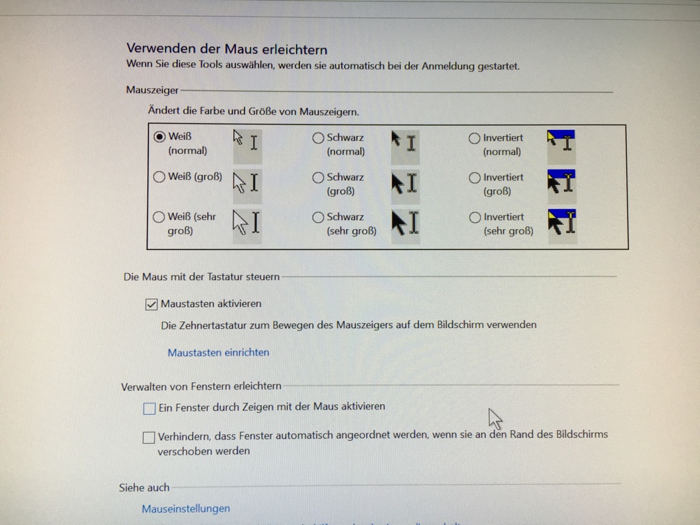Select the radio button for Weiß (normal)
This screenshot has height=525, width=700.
pyautogui.click(x=160, y=137)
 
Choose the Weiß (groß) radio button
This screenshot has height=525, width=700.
pyautogui.click(x=159, y=177)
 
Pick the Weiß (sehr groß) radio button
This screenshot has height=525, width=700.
pyautogui.click(x=159, y=217)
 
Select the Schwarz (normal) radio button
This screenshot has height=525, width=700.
pyautogui.click(x=318, y=138)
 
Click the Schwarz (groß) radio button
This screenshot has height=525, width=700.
pyautogui.click(x=318, y=178)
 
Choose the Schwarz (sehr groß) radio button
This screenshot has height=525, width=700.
pyautogui.click(x=318, y=217)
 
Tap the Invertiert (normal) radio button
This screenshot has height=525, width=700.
pyautogui.click(x=474, y=138)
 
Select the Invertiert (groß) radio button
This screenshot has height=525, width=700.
pyautogui.click(x=474, y=178)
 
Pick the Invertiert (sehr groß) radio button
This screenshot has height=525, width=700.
pyautogui.click(x=475, y=217)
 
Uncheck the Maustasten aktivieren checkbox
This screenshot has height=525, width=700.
pyautogui.click(x=152, y=304)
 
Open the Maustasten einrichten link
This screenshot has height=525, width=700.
pyautogui.click(x=218, y=353)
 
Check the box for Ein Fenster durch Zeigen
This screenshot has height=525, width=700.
pyautogui.click(x=149, y=409)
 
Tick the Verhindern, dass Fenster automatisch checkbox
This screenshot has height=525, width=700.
pyautogui.click(x=148, y=437)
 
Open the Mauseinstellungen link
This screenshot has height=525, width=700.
pyautogui.click(x=186, y=509)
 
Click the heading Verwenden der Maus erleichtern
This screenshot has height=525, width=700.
pyautogui.click(x=227, y=49)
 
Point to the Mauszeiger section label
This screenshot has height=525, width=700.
pyautogui.click(x=152, y=90)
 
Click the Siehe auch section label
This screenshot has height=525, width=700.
pyautogui.click(x=144, y=487)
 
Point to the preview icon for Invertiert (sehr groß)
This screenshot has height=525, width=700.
pyautogui.click(x=561, y=222)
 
